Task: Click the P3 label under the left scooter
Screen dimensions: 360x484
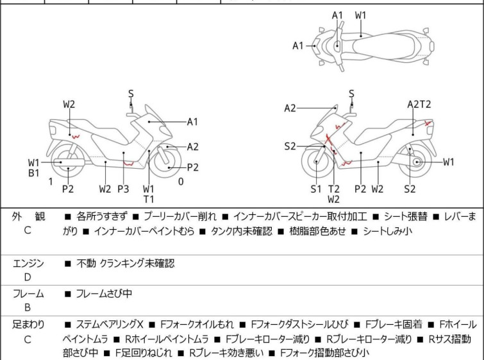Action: point(123,189)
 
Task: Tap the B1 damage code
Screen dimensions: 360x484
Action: point(34,173)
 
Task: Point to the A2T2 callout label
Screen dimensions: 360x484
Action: point(419,104)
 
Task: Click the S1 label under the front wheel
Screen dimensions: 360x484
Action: point(316,189)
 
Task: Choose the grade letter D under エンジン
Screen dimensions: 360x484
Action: point(27,277)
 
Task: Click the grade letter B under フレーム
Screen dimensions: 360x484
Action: point(27,307)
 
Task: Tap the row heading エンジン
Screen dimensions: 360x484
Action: point(29,263)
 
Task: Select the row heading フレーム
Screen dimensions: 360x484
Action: point(29,294)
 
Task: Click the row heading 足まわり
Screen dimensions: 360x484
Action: point(29,325)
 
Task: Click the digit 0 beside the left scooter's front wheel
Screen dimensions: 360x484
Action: point(181,182)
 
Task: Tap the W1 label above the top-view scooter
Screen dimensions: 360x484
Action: point(362,15)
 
